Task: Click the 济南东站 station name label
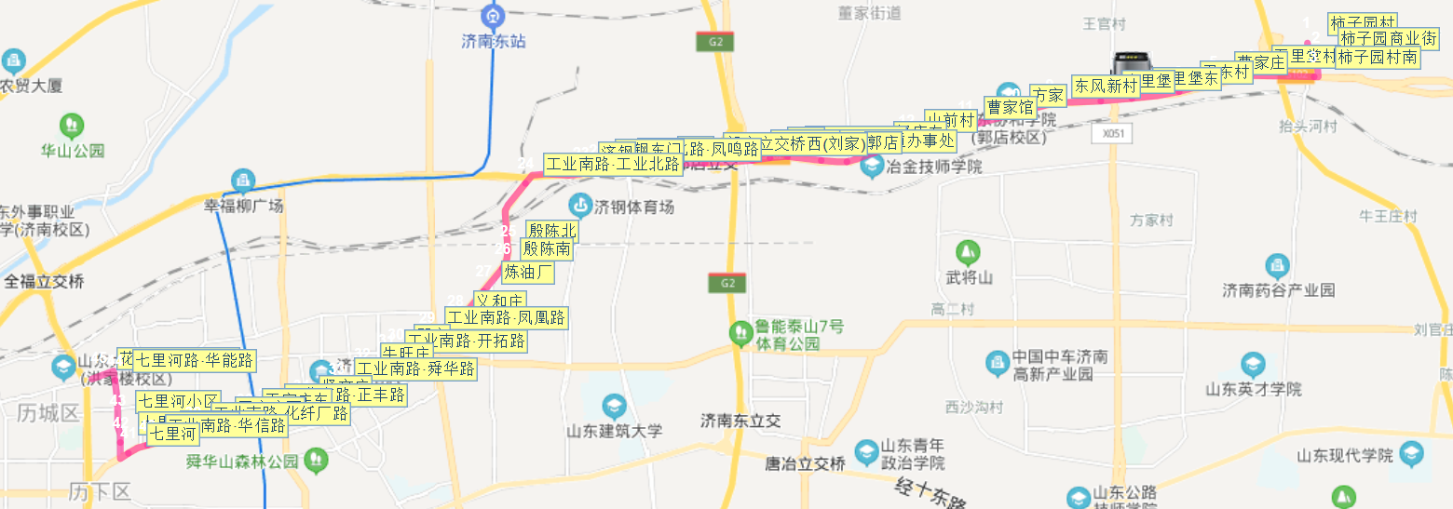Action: [x=494, y=42]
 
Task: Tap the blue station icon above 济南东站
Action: [x=494, y=15]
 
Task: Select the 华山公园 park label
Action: [x=73, y=151]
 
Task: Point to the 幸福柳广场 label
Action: [x=244, y=206]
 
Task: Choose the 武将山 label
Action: [x=969, y=277]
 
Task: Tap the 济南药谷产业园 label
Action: [x=1278, y=290]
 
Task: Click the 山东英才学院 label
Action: [x=1254, y=389]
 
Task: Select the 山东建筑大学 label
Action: [x=614, y=431]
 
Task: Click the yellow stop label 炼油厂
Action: [x=528, y=273]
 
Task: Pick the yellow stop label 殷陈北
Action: [x=551, y=231]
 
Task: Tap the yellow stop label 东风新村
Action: [x=1106, y=86]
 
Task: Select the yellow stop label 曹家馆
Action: [x=1011, y=107]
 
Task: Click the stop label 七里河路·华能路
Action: [x=194, y=360]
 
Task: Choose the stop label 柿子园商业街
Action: [x=1389, y=38]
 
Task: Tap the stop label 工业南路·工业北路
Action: [x=613, y=165]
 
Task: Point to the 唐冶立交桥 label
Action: [x=805, y=463]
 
